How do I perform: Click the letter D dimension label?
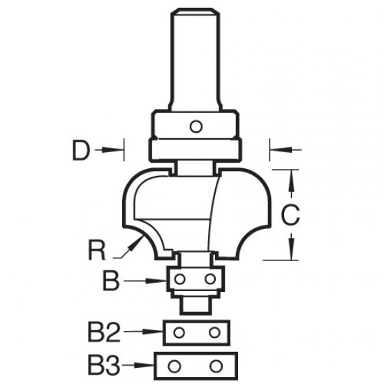point(81,150)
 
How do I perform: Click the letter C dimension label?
point(290,215)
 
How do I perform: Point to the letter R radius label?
point(97,250)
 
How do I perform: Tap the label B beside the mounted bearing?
point(111,280)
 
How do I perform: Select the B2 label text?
point(104,332)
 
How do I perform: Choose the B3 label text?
point(104,366)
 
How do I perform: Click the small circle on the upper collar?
point(196,126)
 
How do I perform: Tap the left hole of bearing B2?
point(179,332)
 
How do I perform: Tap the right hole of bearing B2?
point(214,332)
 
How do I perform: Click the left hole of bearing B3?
point(175,367)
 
